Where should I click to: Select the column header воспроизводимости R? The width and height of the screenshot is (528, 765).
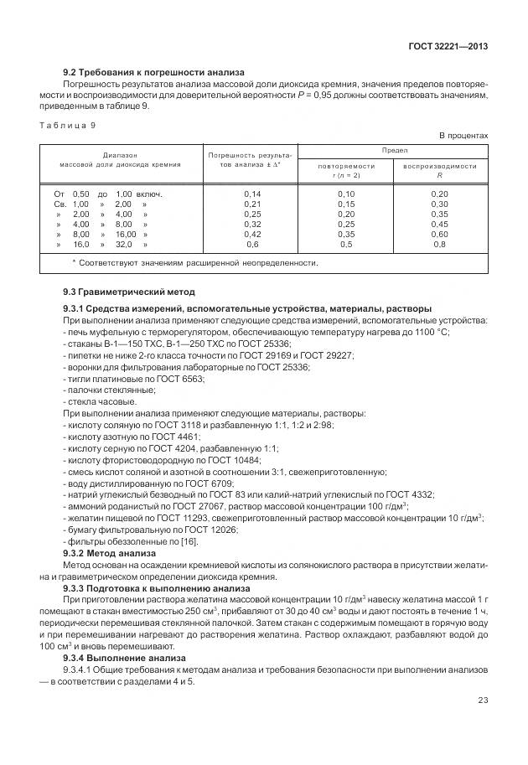pyautogui.click(x=439, y=171)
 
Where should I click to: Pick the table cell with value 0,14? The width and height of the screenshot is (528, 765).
pyautogui.click(x=251, y=194)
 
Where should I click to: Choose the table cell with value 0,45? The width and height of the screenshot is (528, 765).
pyautogui.click(x=438, y=225)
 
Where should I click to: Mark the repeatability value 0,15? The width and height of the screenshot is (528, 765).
pyautogui.click(x=345, y=204)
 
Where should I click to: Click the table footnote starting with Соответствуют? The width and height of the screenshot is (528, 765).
pyautogui.click(x=196, y=262)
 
